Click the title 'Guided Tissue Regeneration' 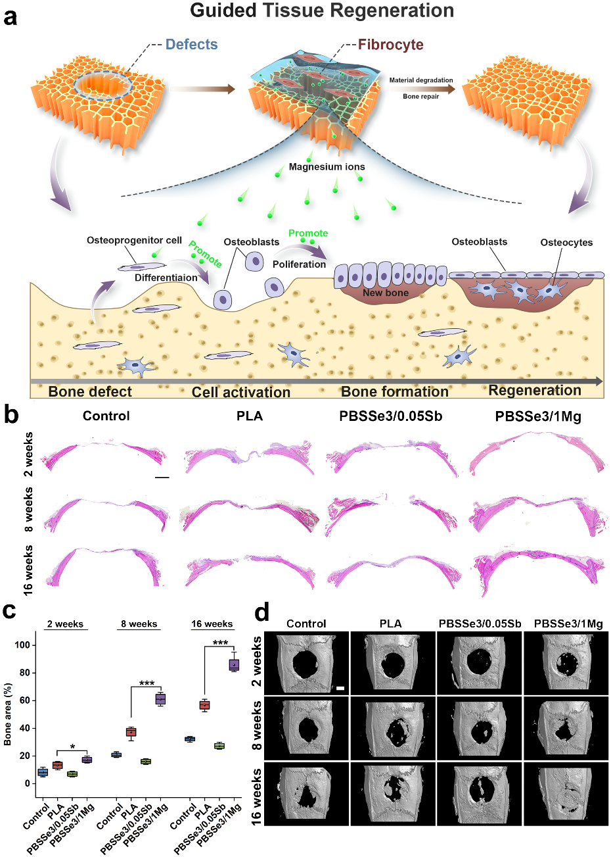click(x=322, y=11)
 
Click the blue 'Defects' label click(x=191, y=45)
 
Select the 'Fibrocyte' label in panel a click(x=390, y=45)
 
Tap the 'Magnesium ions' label click(x=327, y=167)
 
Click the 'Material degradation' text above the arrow click(x=421, y=80)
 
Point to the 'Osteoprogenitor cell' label click(x=134, y=241)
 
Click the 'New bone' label click(x=386, y=293)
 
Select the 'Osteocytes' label click(x=566, y=243)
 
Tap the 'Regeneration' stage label click(x=535, y=391)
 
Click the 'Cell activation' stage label click(x=241, y=393)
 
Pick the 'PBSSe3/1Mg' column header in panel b click(x=538, y=416)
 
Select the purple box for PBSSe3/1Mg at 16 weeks click(x=234, y=665)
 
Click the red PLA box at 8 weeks click(x=131, y=732)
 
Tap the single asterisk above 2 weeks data click(x=72, y=747)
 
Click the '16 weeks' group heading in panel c click(x=212, y=624)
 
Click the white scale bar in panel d click(x=340, y=688)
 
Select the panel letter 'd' click(x=261, y=613)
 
